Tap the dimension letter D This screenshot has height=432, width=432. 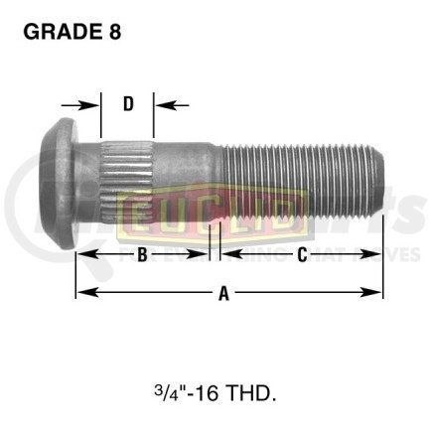[x=128, y=103]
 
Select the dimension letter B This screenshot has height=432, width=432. [x=142, y=255]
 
